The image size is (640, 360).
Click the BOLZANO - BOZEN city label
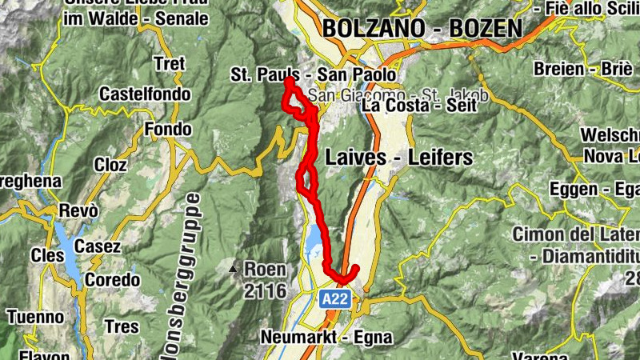pyautogui.click(x=422, y=28)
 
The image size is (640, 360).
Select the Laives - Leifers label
pyautogui.click(x=398, y=158)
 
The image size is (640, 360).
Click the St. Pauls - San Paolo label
pyautogui.click(x=314, y=75)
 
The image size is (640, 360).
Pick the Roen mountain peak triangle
pyautogui.click(x=234, y=269)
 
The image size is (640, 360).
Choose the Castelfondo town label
pyautogui.click(x=145, y=94)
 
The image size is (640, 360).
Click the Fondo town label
pyautogui.click(x=168, y=129)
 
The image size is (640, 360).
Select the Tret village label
pyautogui.click(x=169, y=63)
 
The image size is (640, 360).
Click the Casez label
pyautogui.click(x=97, y=246)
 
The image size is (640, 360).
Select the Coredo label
pyautogui.click(x=112, y=281)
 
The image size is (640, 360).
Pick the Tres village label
pyautogui.click(x=121, y=327)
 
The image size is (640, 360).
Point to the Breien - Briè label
pyautogui.click(x=593, y=68)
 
